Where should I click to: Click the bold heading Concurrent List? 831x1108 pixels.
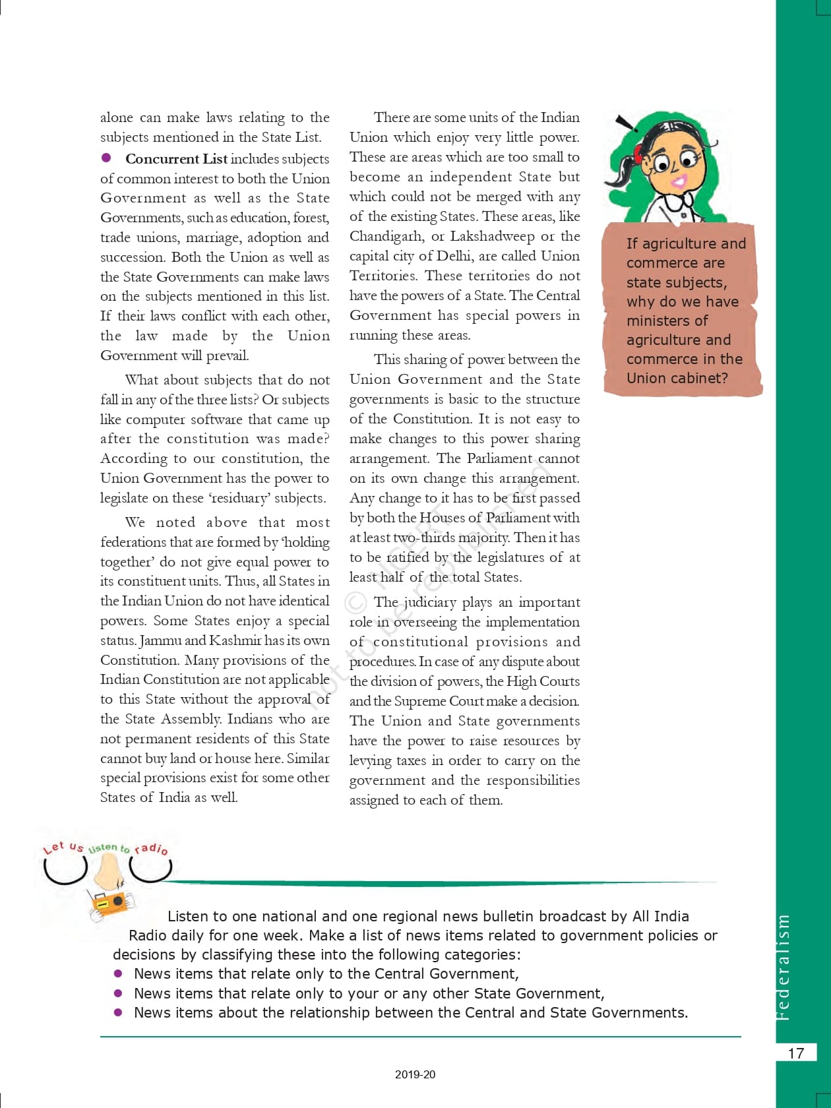[x=176, y=159]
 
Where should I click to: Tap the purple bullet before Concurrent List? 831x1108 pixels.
[x=106, y=158]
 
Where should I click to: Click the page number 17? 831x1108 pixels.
[x=796, y=1053]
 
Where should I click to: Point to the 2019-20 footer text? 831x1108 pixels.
[x=415, y=1074]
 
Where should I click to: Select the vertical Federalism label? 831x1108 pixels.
[x=783, y=967]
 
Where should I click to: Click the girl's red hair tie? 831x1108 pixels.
[x=638, y=154]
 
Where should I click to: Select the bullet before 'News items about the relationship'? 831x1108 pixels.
[x=118, y=1012]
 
